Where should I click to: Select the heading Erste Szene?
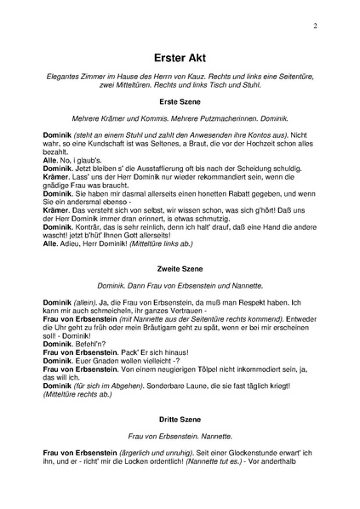pyautogui.click(x=179, y=101)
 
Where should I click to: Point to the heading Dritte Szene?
pyautogui.click(x=179, y=419)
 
